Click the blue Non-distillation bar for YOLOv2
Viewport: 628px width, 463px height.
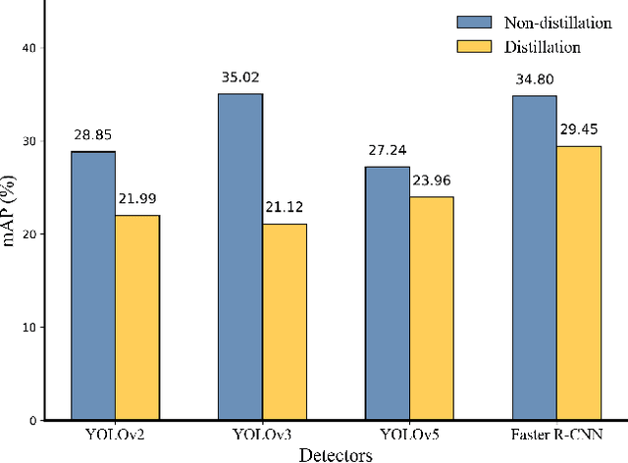click(x=93, y=285)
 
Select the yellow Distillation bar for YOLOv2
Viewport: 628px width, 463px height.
click(x=137, y=318)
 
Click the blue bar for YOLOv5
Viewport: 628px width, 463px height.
click(x=388, y=293)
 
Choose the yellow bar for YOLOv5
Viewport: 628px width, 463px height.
click(x=432, y=308)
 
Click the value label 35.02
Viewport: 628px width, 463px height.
click(x=240, y=77)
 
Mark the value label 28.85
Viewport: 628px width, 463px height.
click(x=93, y=134)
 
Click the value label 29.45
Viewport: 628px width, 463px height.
click(x=579, y=129)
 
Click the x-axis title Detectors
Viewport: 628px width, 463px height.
click(x=336, y=454)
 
